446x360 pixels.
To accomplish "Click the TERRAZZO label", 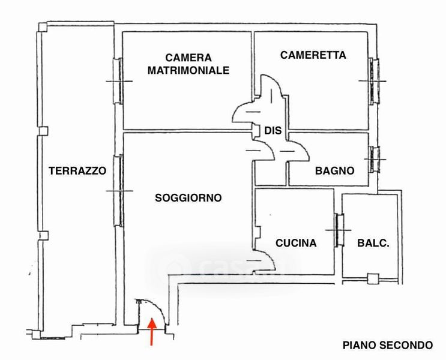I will [77, 170].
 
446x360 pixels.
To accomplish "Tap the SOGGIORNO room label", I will [188, 197].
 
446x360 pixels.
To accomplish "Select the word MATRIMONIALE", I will [188, 70].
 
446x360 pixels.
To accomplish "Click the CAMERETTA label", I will [313, 55].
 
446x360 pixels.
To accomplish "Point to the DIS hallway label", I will [273, 130].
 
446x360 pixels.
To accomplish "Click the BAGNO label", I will [334, 170].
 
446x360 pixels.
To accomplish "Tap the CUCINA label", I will [296, 243].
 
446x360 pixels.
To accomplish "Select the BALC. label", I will [373, 243].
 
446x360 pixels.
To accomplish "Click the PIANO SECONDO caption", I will [387, 345].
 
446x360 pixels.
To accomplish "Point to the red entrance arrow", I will [152, 331].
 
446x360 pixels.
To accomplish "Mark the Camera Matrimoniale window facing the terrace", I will [119, 80].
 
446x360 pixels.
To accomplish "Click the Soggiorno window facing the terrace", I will [120, 191].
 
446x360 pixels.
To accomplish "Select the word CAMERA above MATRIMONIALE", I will [188, 58].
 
